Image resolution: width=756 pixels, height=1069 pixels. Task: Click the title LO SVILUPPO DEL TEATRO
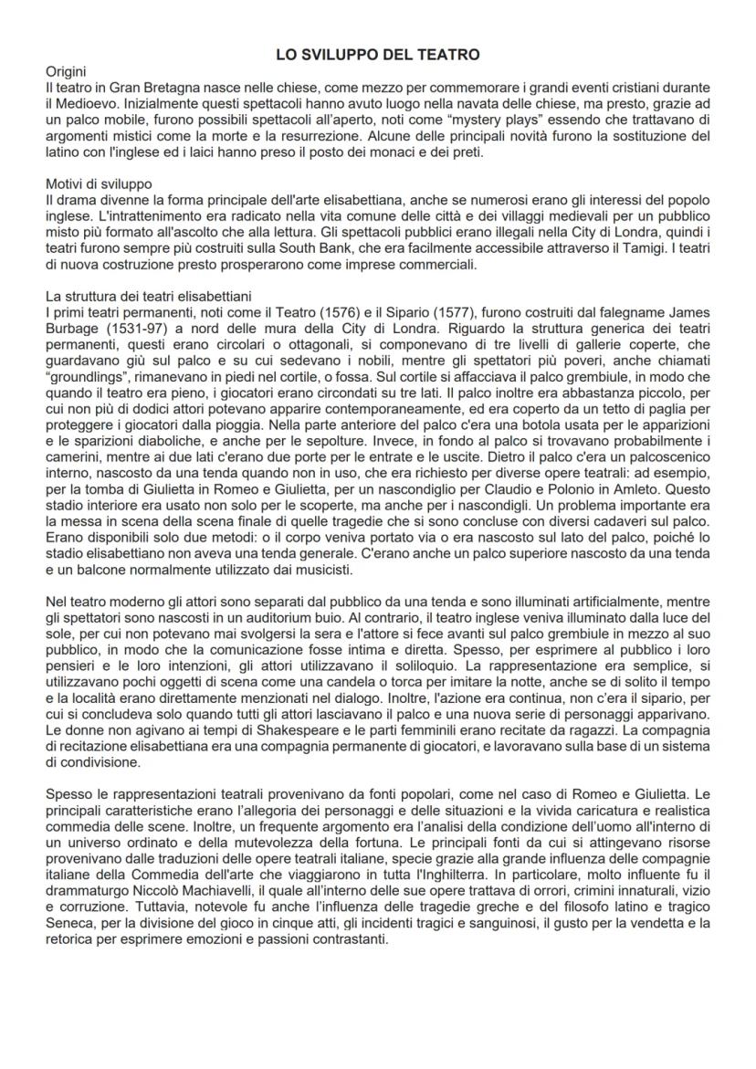378,55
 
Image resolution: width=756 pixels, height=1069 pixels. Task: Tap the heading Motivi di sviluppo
99,183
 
